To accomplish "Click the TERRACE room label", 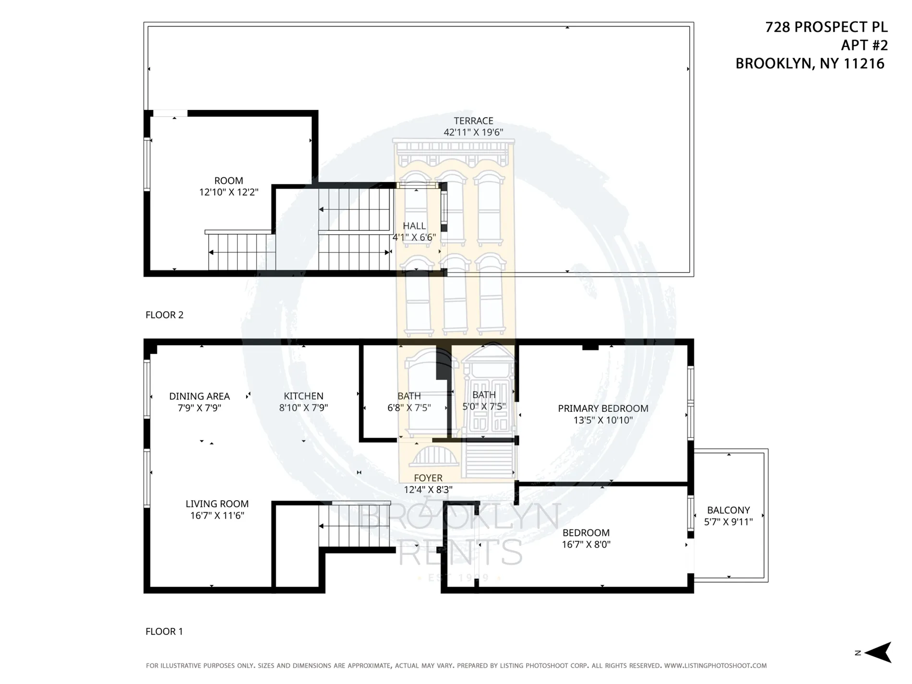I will point(473,121).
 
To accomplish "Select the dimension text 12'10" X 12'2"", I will point(228,192).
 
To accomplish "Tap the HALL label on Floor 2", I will point(414,226).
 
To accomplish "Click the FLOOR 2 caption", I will point(164,315).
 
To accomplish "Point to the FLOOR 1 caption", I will point(164,631).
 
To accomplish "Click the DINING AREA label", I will point(199,396).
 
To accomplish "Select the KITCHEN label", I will point(303,396).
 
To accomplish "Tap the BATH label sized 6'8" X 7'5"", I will point(409,396).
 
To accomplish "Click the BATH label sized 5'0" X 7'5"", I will point(484,395).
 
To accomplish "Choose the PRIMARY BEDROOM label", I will point(603,408).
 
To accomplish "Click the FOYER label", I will point(428,478).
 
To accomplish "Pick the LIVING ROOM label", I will point(217,504).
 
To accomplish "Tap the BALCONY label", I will point(728,510).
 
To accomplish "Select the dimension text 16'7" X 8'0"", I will point(586,544).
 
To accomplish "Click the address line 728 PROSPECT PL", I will point(826,27).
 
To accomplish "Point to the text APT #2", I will point(864,46).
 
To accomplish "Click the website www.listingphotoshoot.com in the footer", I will point(715,666).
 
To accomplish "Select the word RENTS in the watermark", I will point(461,552).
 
